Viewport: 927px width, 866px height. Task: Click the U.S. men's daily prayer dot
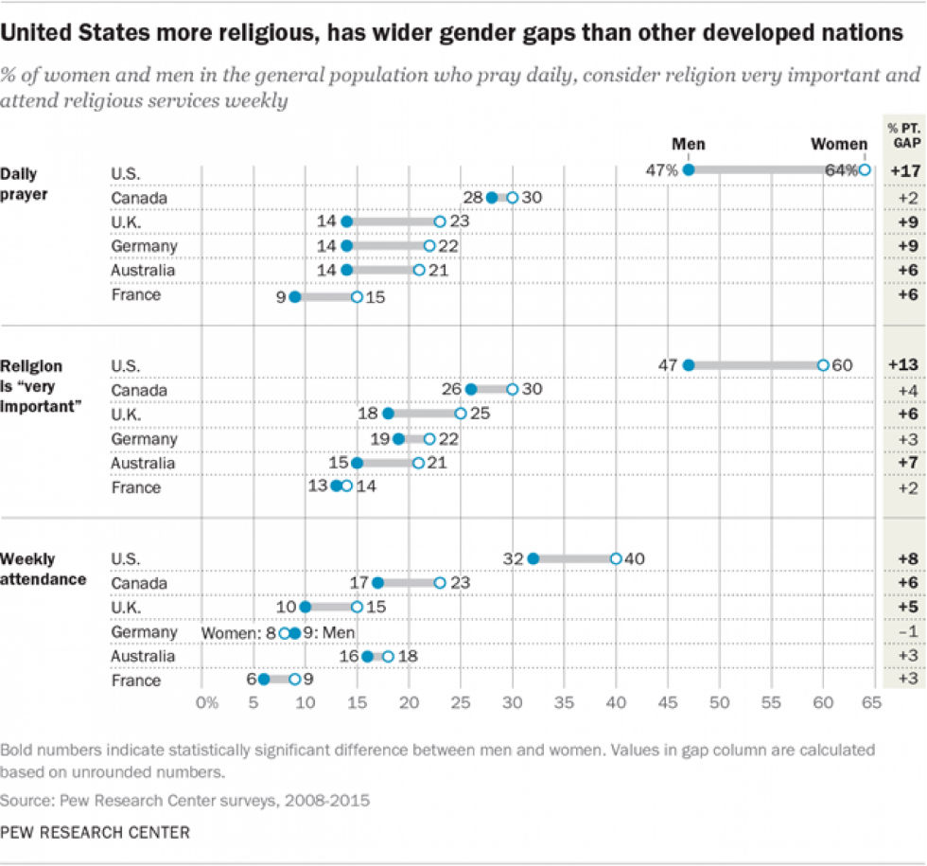point(689,169)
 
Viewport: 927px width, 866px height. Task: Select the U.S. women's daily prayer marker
point(865,169)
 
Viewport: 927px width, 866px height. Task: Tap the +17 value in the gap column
point(903,171)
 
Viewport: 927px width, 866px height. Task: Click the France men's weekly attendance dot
point(264,680)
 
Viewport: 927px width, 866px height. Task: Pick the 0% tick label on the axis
point(206,703)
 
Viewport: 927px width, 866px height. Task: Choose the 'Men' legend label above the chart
point(689,144)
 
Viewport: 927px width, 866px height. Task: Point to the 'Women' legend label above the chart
point(838,144)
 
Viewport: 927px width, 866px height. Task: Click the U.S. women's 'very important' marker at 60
point(823,365)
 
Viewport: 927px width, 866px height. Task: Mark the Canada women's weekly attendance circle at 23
point(440,583)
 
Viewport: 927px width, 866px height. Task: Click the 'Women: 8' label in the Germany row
point(239,631)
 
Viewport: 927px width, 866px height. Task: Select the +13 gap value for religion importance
point(903,365)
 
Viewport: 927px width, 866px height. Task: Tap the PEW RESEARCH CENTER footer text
point(95,833)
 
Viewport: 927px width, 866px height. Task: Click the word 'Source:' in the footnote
point(26,800)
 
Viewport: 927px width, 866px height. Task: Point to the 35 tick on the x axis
point(565,703)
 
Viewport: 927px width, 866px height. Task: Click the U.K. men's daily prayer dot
point(346,221)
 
